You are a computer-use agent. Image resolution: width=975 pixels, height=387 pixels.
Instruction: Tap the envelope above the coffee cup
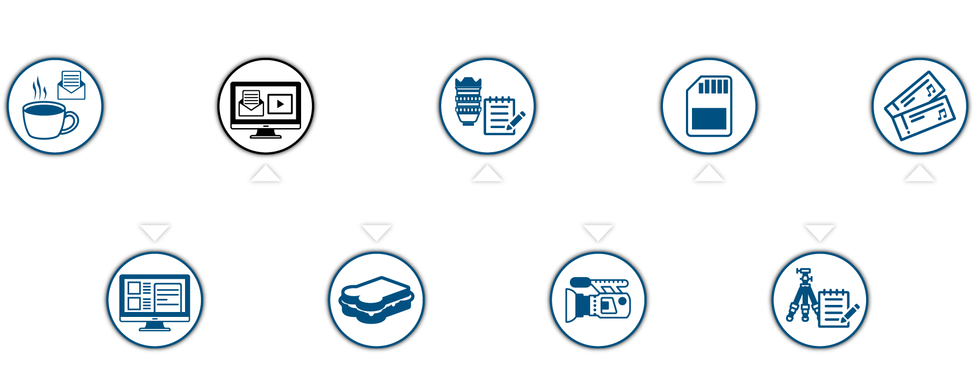click(72, 85)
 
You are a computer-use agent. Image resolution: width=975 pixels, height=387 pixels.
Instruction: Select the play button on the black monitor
click(280, 103)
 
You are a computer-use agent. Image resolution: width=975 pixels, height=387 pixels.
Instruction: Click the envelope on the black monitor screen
click(251, 103)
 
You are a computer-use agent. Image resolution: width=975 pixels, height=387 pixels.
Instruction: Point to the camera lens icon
click(468, 101)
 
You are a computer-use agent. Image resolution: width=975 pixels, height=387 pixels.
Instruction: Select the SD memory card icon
click(709, 106)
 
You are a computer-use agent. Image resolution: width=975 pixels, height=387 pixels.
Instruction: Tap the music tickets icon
click(920, 106)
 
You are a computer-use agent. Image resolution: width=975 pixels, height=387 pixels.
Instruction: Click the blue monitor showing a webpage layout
click(155, 302)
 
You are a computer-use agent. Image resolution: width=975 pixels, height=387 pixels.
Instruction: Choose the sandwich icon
click(376, 299)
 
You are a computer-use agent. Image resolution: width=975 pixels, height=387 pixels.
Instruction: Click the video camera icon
click(598, 300)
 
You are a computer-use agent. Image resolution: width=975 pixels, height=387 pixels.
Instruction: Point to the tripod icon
click(802, 296)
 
